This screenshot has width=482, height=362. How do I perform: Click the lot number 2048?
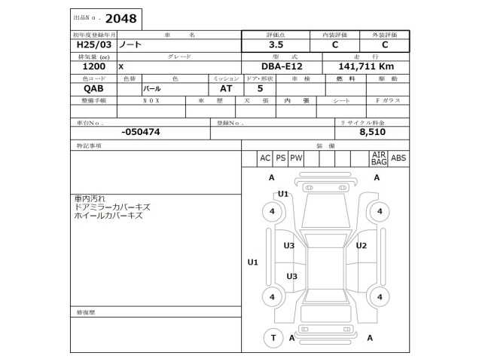(120, 18)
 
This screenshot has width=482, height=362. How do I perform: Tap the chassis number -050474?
(140, 132)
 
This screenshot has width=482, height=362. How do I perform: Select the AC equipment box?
(265, 158)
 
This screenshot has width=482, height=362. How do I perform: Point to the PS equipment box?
(281, 158)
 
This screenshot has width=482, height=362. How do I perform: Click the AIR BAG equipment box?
(379, 158)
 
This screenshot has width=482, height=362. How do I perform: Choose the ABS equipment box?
(398, 158)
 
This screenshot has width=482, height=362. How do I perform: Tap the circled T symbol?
(273, 338)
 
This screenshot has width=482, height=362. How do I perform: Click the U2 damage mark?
(361, 246)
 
